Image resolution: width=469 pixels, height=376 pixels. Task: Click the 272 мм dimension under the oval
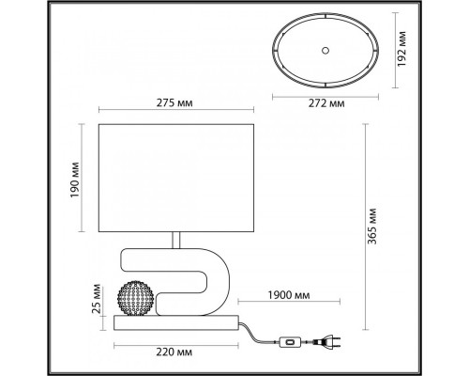coord(323,103)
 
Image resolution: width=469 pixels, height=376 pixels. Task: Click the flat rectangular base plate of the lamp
coord(176,323)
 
